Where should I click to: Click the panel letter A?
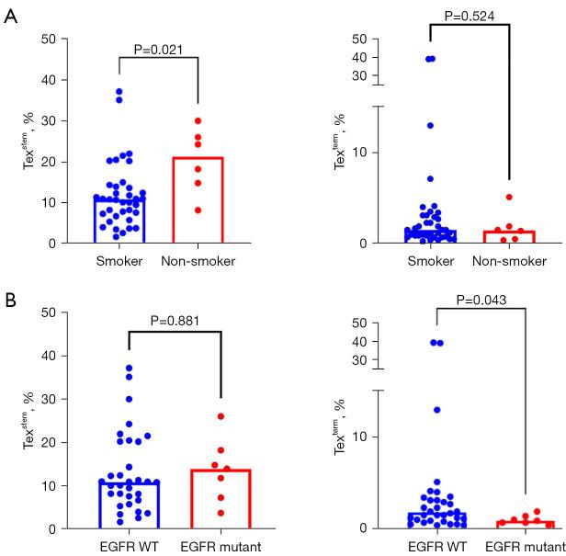(10, 18)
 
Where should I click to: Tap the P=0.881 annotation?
(173, 321)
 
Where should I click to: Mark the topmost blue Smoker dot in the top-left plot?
(119, 92)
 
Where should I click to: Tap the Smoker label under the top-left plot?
(119, 261)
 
